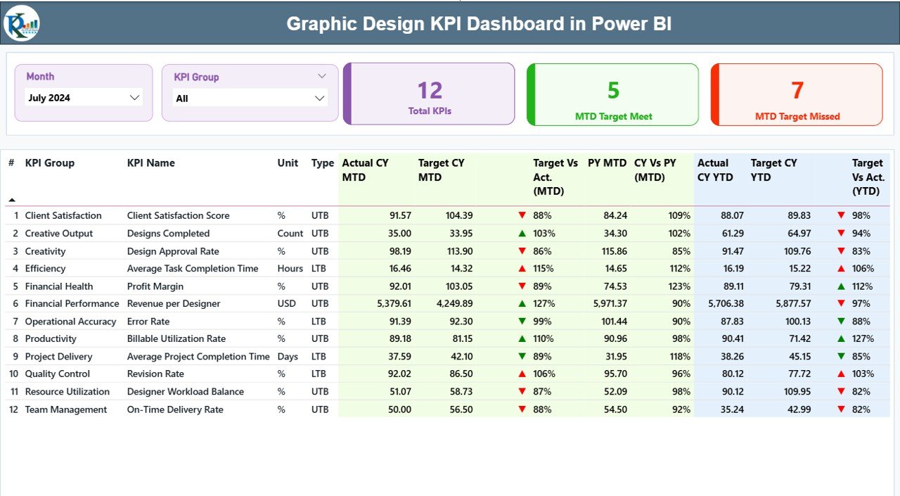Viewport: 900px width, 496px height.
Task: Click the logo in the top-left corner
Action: [22, 23]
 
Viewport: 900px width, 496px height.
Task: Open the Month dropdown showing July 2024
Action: [84, 98]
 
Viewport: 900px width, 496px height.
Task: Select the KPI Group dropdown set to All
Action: [250, 98]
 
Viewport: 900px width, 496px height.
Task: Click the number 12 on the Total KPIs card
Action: [430, 90]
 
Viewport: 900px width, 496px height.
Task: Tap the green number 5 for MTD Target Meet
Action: [613, 90]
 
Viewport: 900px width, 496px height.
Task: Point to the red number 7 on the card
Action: [797, 90]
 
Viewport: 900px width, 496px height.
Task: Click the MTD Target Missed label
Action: [797, 117]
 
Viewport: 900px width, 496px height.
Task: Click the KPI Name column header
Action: [151, 163]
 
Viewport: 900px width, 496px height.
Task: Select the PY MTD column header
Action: [607, 163]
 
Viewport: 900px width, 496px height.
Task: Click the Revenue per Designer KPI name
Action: [174, 304]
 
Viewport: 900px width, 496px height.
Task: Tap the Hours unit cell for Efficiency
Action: [290, 269]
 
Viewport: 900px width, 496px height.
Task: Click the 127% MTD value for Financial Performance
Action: [544, 304]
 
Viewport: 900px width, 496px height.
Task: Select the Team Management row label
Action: [66, 409]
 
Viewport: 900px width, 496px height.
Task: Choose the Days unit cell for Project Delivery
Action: [288, 357]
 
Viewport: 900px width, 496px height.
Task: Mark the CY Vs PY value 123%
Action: [679, 286]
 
